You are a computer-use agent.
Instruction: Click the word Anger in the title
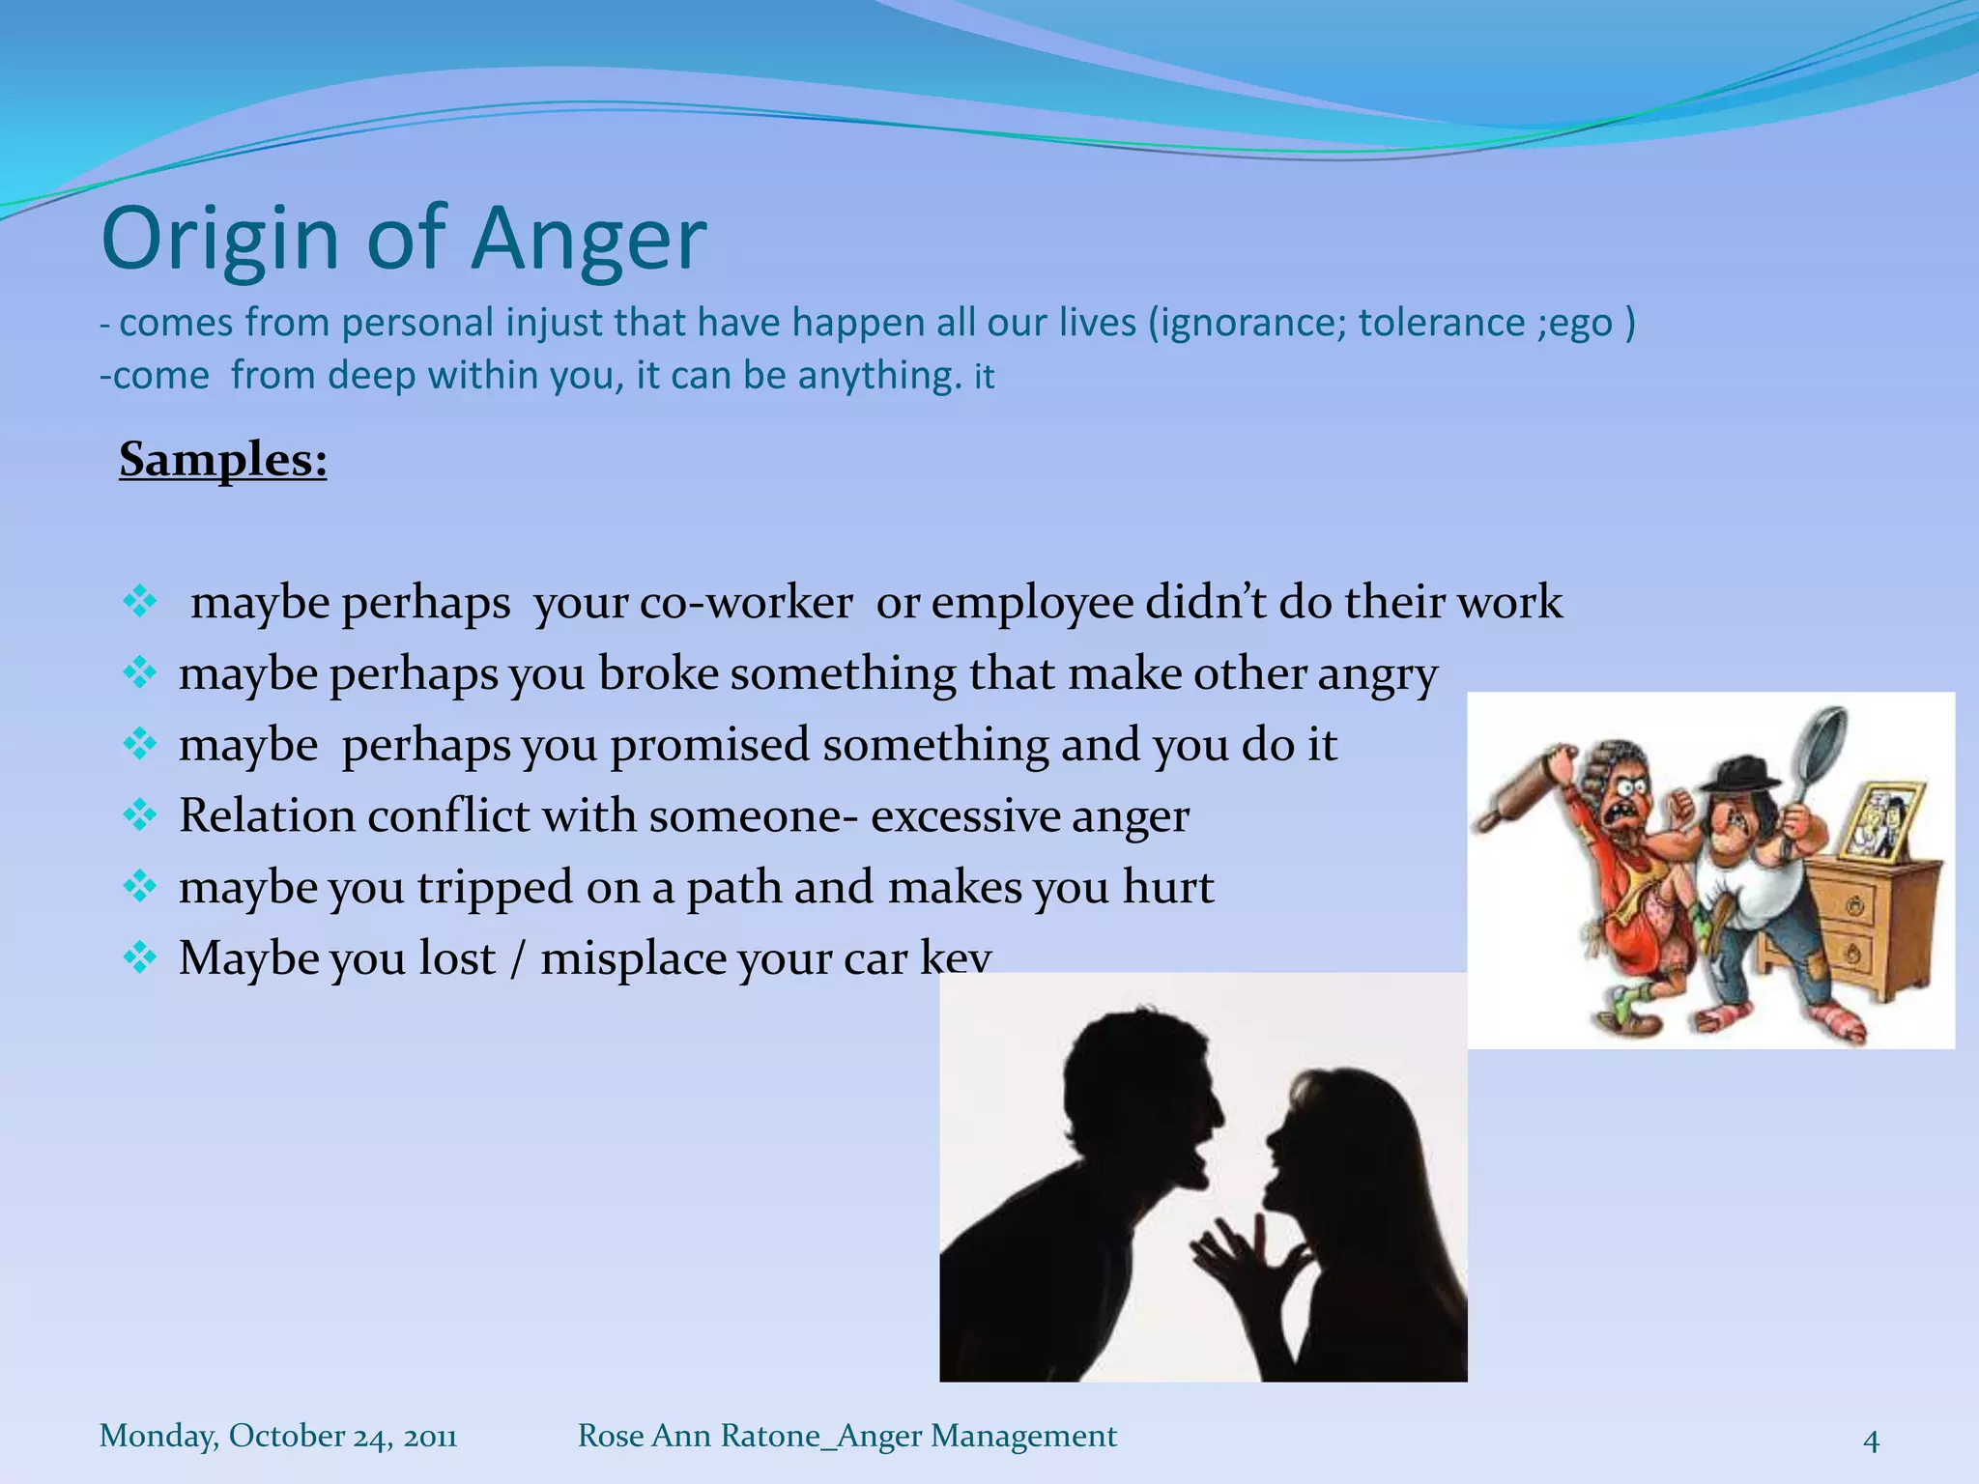click(589, 240)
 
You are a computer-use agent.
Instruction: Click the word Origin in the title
click(220, 240)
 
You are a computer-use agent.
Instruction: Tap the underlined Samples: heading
click(223, 459)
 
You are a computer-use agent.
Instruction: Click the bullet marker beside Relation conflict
click(140, 816)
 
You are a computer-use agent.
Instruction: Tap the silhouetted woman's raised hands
click(1247, 1256)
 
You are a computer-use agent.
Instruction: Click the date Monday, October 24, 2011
click(278, 1436)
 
